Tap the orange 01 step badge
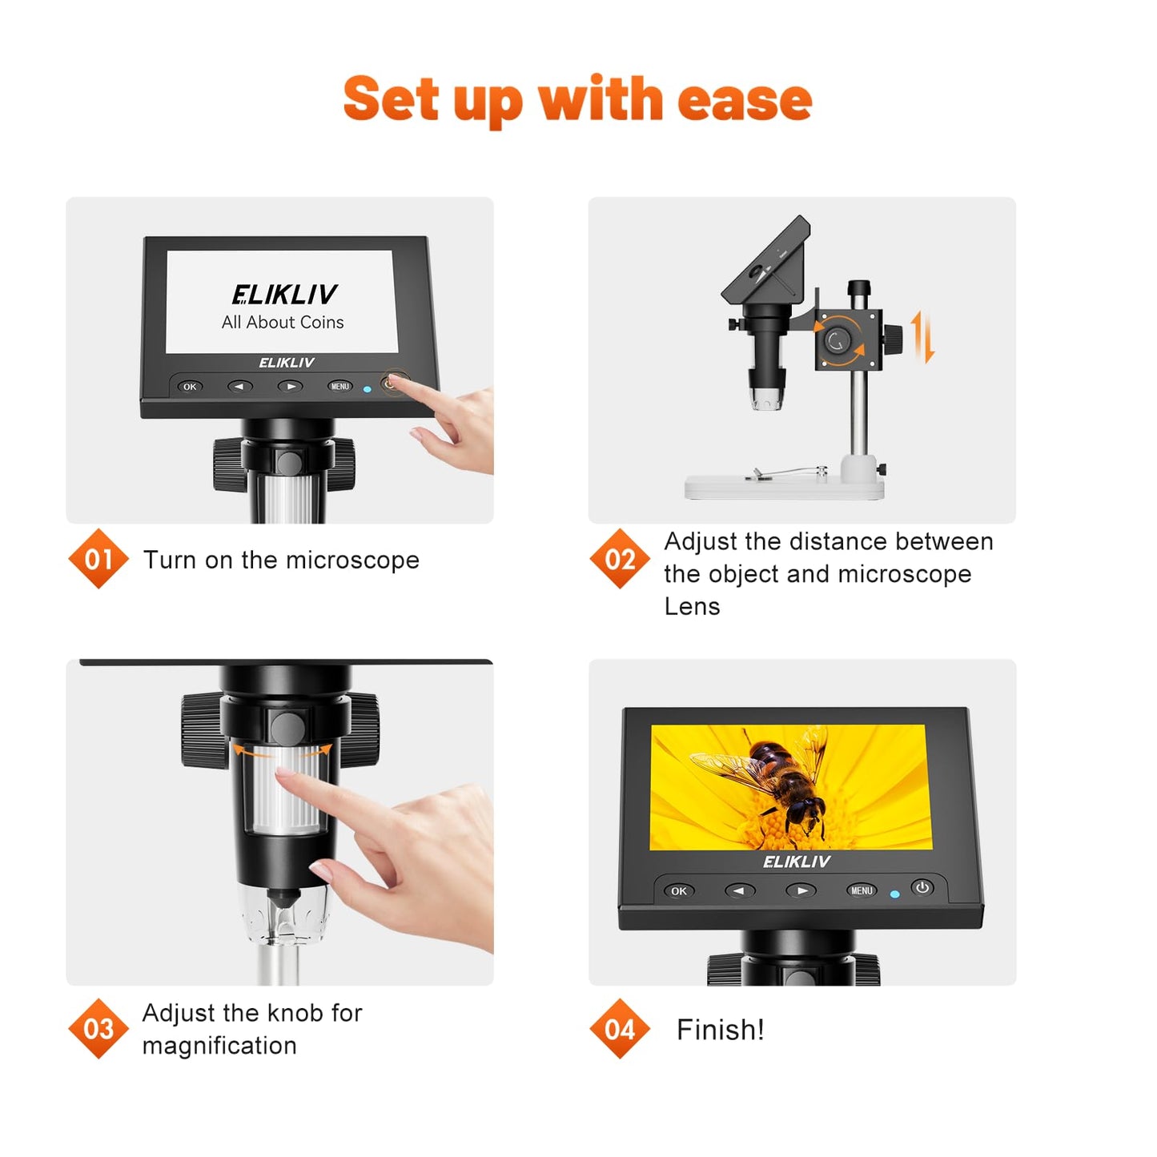click(98, 559)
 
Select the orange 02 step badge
click(620, 559)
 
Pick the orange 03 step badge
click(98, 1029)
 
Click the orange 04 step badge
click(620, 1029)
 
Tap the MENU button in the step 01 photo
click(340, 387)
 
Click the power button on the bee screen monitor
click(922, 888)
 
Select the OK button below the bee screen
click(679, 891)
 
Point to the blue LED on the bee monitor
click(894, 894)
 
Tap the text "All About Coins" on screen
click(283, 323)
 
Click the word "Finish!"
click(720, 1030)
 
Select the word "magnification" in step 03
click(219, 1046)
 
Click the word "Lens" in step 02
click(692, 607)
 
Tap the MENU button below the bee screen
click(862, 891)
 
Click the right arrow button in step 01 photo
click(290, 387)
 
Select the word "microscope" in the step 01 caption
click(352, 560)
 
